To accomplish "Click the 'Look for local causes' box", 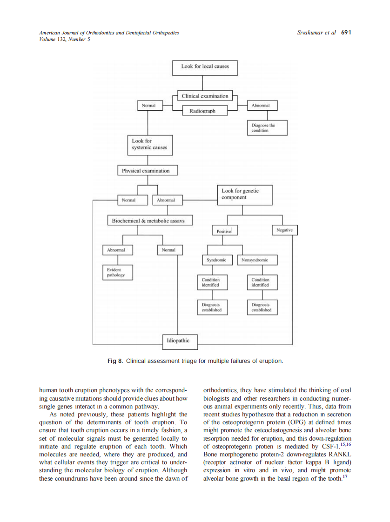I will click(x=205, y=67).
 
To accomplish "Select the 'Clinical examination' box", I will click(x=205, y=96).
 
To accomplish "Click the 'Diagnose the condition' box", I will click(x=267, y=128).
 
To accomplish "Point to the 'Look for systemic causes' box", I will click(x=149, y=145).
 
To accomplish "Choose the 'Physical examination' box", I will click(x=146, y=171).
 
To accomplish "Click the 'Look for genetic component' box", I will click(x=245, y=194).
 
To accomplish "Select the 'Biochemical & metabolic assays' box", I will click(x=148, y=221).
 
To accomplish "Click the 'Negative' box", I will click(x=284, y=230).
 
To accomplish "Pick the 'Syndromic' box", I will click(x=216, y=260).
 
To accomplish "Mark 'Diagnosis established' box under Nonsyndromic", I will click(x=262, y=308).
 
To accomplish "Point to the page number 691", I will click(x=346, y=33).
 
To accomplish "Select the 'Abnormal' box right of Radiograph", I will click(x=261, y=106).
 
